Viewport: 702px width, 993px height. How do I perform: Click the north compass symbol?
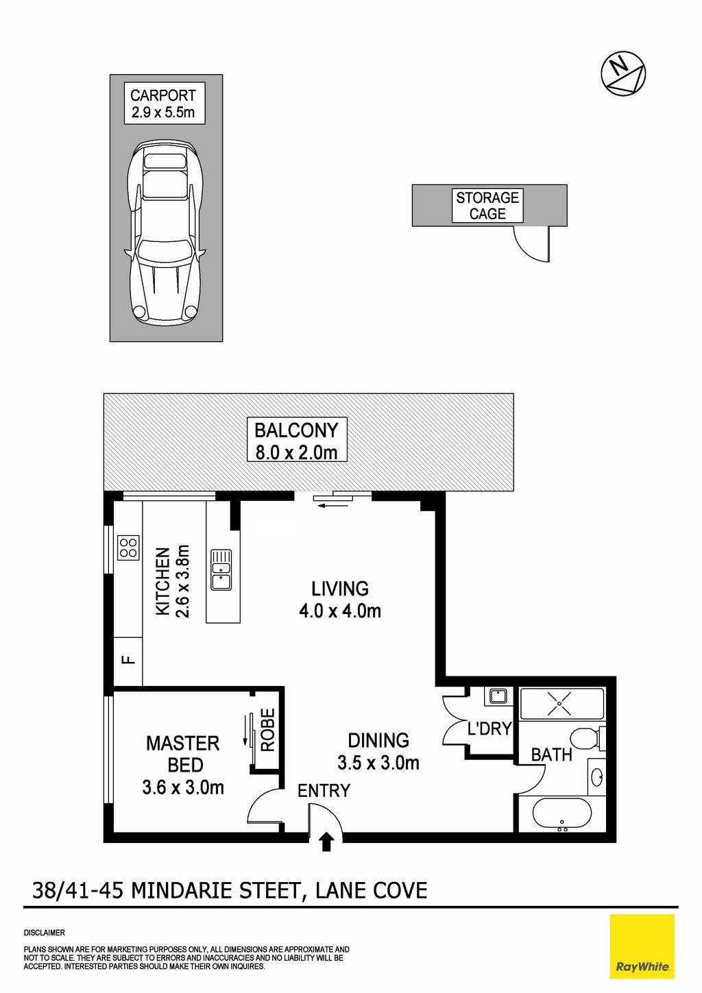622,73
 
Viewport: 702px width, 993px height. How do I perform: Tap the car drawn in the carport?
165,234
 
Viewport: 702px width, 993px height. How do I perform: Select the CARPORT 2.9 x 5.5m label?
164,103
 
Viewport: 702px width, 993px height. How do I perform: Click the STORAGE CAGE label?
487,206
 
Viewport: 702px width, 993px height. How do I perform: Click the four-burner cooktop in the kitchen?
129,548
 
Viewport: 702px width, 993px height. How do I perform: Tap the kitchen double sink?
221,569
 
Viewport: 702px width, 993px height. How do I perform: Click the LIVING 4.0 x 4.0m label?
340,600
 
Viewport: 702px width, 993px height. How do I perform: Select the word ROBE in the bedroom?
268,730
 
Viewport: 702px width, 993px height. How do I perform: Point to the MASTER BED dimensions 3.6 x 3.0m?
183,787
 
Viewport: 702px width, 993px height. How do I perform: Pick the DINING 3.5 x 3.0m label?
378,750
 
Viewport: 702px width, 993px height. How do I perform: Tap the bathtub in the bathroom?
562,817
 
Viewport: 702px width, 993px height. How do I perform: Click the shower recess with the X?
561,704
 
